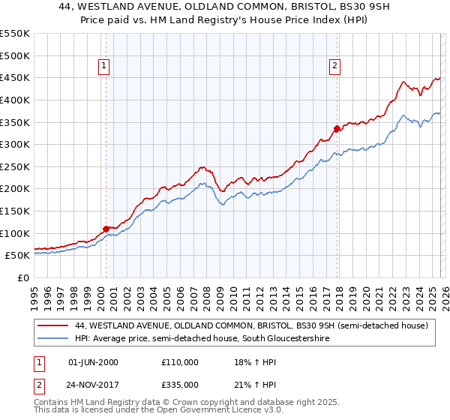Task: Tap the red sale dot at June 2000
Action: click(x=106, y=228)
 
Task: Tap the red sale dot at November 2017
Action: click(x=337, y=128)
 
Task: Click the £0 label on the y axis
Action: click(x=22, y=277)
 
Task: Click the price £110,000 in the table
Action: click(x=179, y=362)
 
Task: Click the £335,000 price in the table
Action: click(x=179, y=384)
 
